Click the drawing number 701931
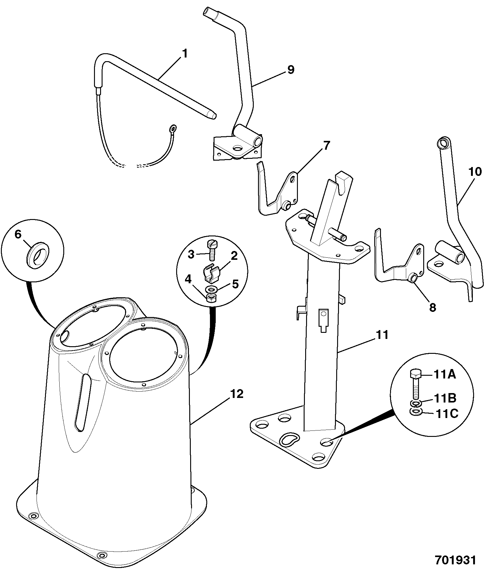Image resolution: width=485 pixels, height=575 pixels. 455,560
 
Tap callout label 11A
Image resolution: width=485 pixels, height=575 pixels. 445,375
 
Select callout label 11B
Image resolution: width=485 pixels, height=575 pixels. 445,398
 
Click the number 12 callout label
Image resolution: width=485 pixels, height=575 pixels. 237,394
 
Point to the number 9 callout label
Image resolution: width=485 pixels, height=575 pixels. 291,70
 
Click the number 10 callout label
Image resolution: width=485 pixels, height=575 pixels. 476,172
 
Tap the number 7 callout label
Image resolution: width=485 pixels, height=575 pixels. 326,146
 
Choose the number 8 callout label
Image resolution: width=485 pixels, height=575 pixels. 432,307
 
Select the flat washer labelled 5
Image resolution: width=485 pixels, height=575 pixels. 212,288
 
